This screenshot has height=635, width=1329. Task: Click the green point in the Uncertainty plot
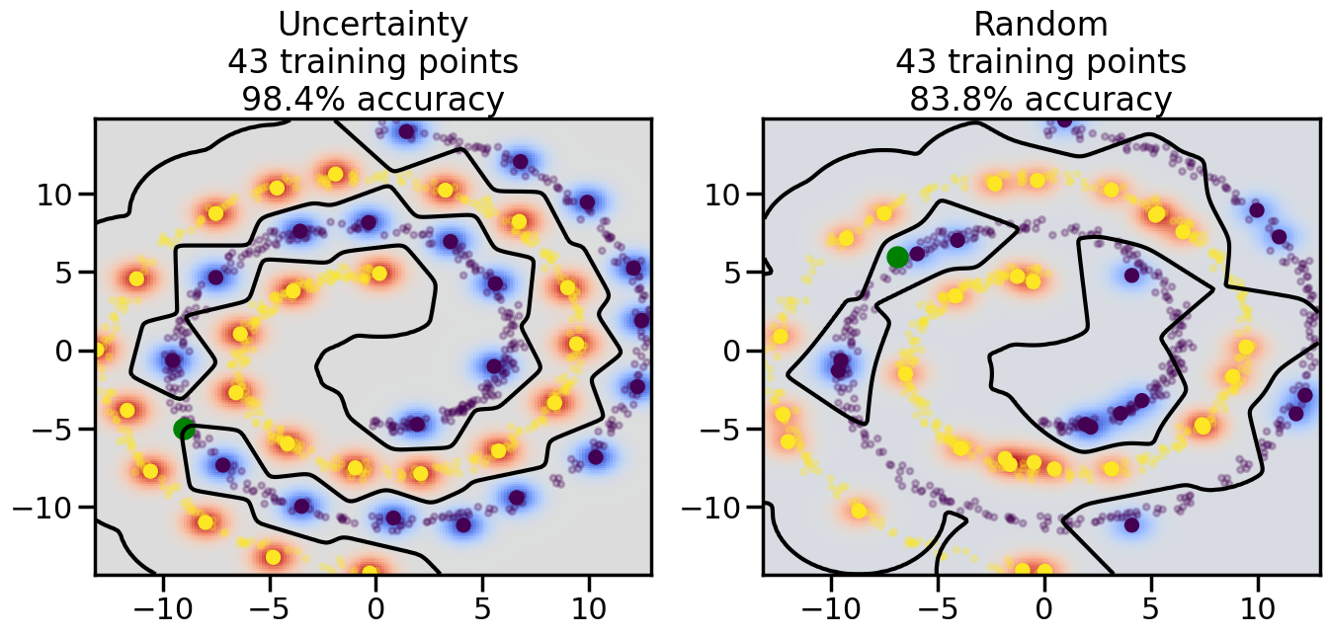click(184, 429)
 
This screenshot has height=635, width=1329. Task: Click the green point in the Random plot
click(897, 257)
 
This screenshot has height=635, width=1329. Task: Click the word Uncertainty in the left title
click(373, 25)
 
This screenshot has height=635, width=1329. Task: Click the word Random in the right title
click(1040, 25)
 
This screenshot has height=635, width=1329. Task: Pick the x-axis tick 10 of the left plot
click(589, 605)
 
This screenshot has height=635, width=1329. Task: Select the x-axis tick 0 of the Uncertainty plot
click(375, 605)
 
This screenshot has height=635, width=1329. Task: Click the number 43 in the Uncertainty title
click(248, 62)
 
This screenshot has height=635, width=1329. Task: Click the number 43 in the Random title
click(916, 62)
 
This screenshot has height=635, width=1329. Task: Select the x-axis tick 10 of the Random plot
click(1258, 605)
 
